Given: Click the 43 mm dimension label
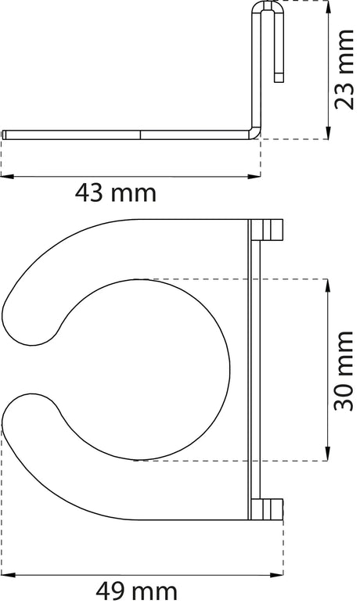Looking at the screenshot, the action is [x=116, y=193].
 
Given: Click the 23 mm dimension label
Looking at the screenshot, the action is [x=344, y=70].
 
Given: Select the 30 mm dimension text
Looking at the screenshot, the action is [x=344, y=371].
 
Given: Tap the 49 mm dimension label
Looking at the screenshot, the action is [x=136, y=592].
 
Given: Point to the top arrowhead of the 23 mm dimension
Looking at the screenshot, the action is [x=328, y=6].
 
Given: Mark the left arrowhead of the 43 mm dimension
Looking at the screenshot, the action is [x=7, y=177].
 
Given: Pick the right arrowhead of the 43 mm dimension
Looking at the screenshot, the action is [x=254, y=177].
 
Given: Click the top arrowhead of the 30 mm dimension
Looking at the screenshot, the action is [x=328, y=286].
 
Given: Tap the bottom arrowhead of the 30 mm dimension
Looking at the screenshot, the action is [x=328, y=454].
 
